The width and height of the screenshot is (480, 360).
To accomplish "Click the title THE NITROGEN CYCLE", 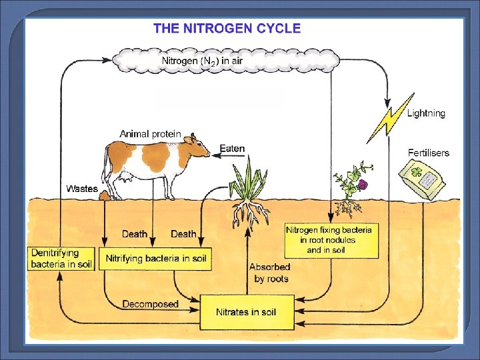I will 227,29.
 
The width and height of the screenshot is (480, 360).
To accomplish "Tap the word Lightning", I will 426,113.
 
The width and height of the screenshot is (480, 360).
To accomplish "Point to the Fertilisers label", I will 429,153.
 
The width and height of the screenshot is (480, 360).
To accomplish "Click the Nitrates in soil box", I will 246,312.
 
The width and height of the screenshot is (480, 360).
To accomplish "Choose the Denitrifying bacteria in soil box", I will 61,258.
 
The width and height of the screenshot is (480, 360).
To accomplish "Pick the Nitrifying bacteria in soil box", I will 155,258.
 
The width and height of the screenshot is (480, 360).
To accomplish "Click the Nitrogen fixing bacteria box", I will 331,240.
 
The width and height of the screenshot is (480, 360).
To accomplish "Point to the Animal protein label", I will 150,134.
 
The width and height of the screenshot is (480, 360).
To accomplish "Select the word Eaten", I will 232,149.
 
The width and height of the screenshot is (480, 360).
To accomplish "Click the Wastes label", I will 82,189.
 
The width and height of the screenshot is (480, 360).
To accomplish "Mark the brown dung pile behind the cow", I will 105,195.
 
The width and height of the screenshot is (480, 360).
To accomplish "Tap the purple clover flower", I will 363,185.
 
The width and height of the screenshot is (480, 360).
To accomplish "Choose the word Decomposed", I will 150,304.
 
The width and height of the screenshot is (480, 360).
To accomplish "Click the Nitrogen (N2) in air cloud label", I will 203,61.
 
